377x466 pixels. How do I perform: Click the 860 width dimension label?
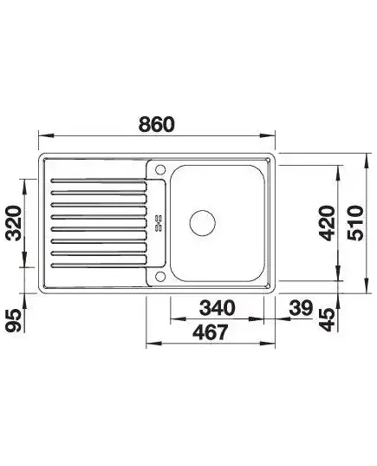157,124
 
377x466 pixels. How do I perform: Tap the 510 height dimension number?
355,223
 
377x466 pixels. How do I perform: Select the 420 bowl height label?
327,223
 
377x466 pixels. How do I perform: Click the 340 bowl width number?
217,307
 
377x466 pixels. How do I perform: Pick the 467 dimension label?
211,332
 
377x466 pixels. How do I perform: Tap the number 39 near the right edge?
301,307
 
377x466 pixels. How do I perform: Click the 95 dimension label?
14,320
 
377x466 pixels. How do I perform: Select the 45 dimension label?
327,320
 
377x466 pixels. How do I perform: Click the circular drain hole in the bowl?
203,223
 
